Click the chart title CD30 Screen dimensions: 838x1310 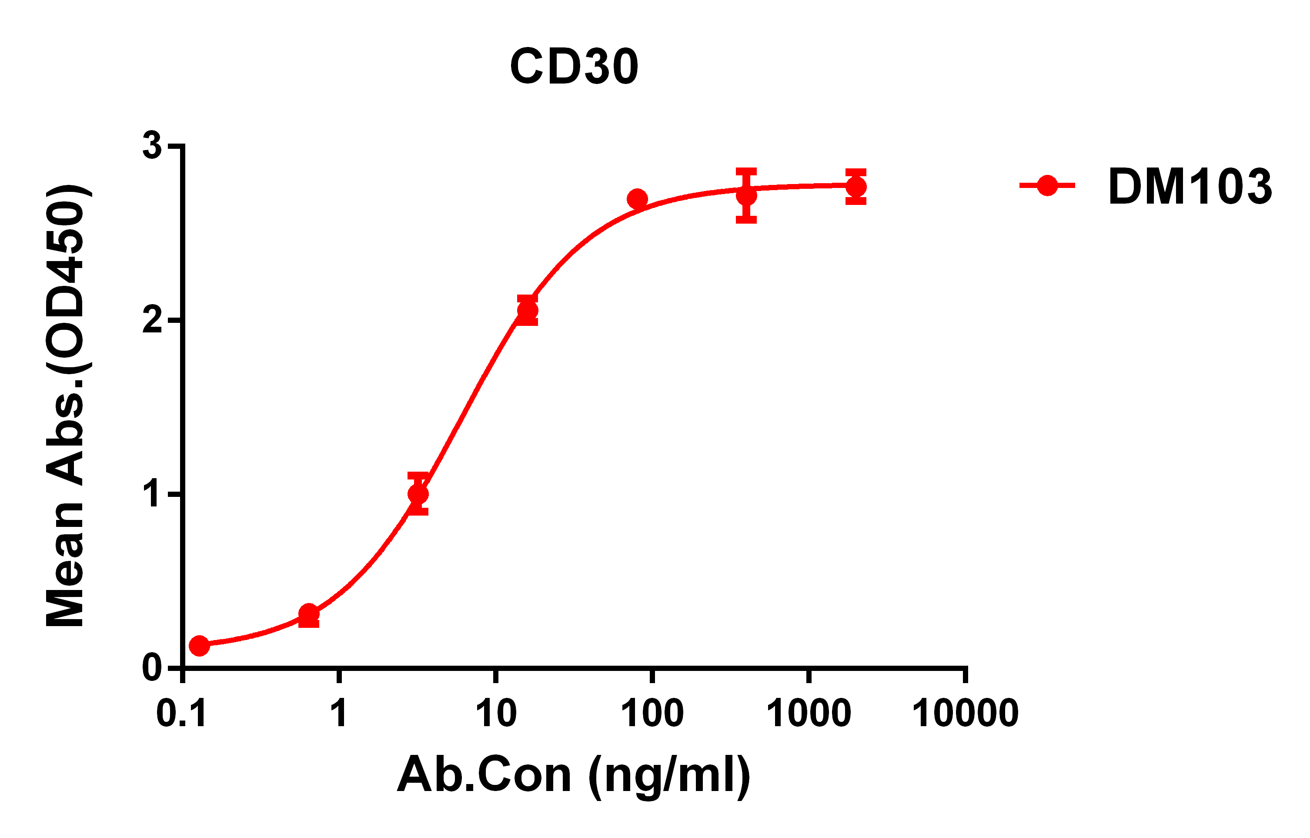pyautogui.click(x=574, y=67)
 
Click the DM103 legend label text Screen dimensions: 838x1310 pyautogui.click(x=1190, y=187)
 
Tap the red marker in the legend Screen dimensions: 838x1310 pyautogui.click(x=1047, y=185)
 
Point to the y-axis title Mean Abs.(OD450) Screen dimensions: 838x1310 pyautogui.click(x=67, y=406)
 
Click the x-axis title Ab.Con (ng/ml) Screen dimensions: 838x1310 pyautogui.click(x=574, y=775)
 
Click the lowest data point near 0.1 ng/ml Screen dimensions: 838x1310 pyautogui.click(x=199, y=646)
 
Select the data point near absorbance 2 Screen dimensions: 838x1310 pyautogui.click(x=528, y=311)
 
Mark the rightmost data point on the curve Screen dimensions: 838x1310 pyautogui.click(x=856, y=187)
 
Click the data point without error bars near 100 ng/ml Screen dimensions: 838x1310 pyautogui.click(x=637, y=199)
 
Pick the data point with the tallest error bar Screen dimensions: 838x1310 pyautogui.click(x=746, y=195)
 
